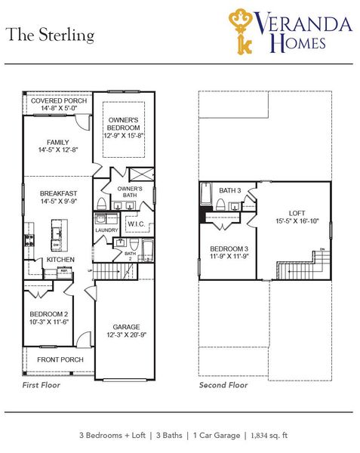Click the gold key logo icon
click(242, 29)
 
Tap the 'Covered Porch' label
click(58, 100)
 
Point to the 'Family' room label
click(58, 142)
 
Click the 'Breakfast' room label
click(58, 193)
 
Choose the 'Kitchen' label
click(60, 259)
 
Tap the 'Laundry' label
click(105, 230)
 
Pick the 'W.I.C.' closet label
click(136, 223)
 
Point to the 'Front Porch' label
click(60, 359)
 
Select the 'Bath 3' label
click(230, 190)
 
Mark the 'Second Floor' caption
click(223, 385)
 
